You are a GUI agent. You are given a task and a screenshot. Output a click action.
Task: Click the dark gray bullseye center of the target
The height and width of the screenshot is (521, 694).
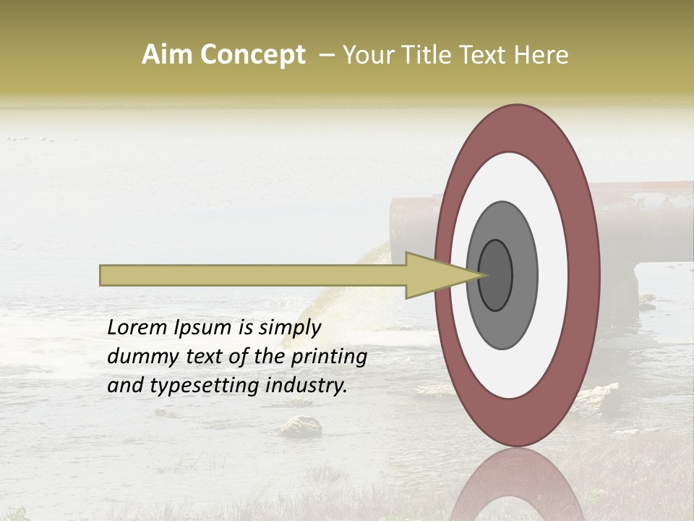click(495, 274)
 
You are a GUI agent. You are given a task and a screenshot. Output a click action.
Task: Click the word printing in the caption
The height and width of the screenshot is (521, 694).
click(329, 357)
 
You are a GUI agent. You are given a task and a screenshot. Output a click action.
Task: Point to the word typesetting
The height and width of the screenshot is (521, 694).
click(189, 386)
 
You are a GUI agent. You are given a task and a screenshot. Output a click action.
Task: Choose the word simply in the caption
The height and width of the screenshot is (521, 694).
click(289, 328)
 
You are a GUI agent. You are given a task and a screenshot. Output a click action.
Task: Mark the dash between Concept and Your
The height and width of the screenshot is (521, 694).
click(325, 56)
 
